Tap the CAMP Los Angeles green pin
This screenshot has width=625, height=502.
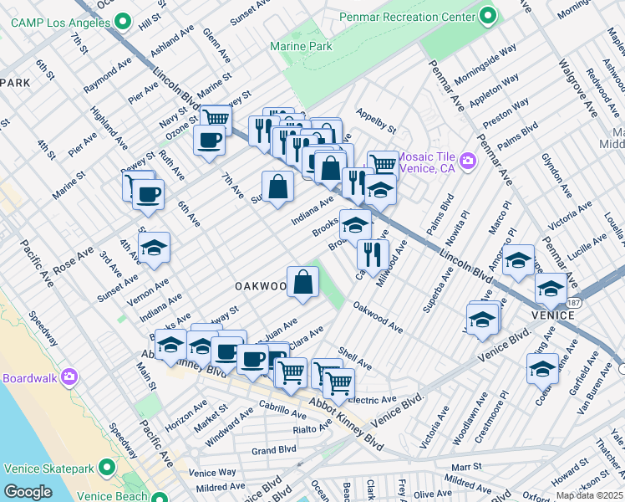pyautogui.click(x=123, y=20)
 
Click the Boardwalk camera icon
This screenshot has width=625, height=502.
pyautogui.click(x=69, y=378)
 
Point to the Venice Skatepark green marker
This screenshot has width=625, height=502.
pyautogui.click(x=106, y=466)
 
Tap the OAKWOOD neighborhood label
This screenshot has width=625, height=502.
pyautogui.click(x=260, y=286)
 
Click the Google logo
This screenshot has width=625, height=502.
pyautogui.click(x=28, y=492)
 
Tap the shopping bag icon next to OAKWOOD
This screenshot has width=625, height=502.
pyautogui.click(x=302, y=282)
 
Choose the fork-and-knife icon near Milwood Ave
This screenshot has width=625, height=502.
pyautogui.click(x=373, y=254)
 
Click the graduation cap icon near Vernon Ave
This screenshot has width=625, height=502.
pyautogui.click(x=155, y=248)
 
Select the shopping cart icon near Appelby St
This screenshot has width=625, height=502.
pyautogui.click(x=382, y=163)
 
